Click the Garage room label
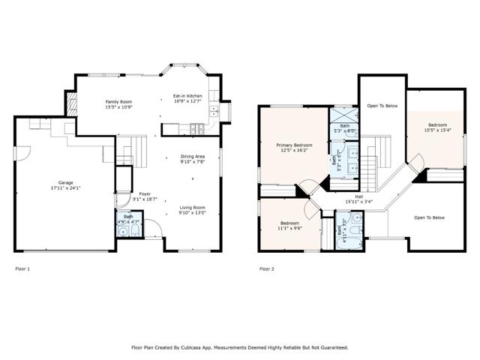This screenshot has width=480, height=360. (66, 183)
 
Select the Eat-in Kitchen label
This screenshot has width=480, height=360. (187, 96)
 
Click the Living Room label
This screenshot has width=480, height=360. (193, 208)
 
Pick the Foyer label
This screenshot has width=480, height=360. (145, 193)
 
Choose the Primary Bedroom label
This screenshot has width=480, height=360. (294, 145)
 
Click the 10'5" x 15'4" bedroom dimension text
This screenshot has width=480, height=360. (437, 130)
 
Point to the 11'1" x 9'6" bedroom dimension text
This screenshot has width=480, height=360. (290, 228)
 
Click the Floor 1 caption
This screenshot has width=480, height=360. (23, 268)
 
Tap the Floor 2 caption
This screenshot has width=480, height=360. (267, 268)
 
